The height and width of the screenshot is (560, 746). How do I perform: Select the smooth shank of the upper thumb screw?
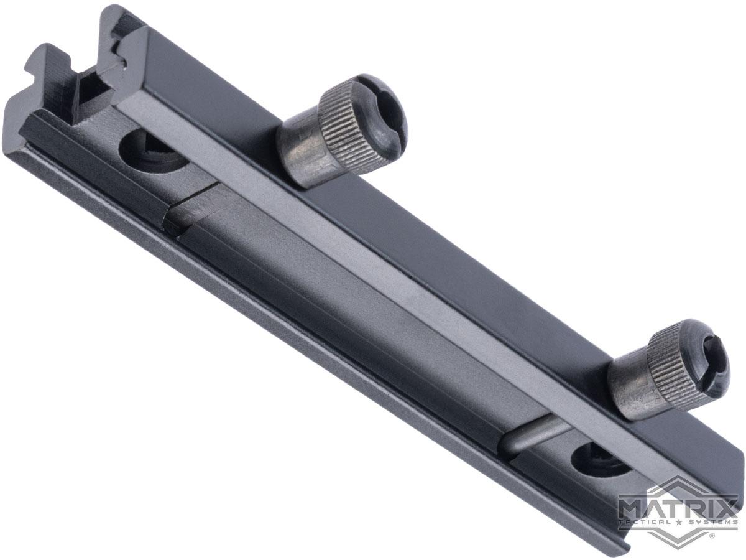[x=301, y=155]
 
